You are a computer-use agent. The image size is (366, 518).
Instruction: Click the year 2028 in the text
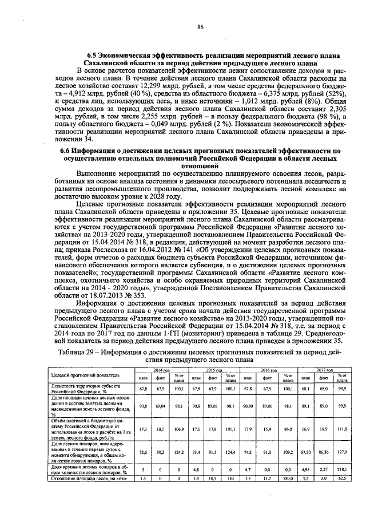[160, 196]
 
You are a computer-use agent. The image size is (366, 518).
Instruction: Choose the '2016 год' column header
[266, 371]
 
